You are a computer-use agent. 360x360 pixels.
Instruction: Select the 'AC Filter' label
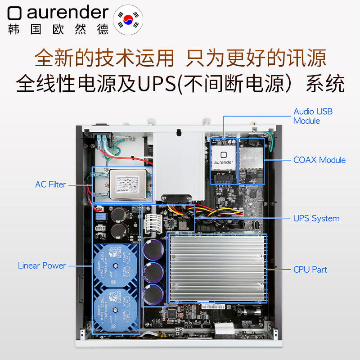(50, 184)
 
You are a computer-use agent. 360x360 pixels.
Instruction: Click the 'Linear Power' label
(42, 265)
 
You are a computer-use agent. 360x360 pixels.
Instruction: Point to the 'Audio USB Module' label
(313, 116)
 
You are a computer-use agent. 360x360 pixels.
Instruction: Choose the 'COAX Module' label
(319, 160)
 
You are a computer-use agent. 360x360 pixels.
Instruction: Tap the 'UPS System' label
(316, 218)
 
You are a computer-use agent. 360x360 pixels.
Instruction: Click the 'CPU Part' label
(310, 270)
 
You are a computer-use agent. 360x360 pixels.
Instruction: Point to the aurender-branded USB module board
(223, 160)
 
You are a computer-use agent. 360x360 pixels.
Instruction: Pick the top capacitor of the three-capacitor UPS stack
(154, 249)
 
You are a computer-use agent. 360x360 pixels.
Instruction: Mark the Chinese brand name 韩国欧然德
(58, 29)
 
